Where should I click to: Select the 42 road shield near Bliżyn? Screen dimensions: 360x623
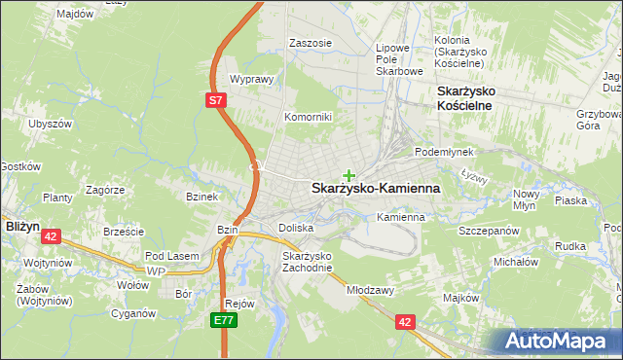[52, 235]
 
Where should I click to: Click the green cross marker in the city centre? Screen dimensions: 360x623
[348, 175]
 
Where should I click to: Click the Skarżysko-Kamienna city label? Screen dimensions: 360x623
[375, 189]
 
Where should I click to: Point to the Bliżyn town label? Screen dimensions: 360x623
[21, 225]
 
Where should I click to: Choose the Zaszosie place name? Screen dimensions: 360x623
[311, 44]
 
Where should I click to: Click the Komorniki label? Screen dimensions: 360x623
[308, 117]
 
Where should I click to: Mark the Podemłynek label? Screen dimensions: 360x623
[443, 153]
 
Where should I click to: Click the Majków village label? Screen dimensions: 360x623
[461, 298]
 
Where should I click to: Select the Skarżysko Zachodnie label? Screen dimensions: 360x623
[308, 262]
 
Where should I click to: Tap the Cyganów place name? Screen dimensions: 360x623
[133, 313]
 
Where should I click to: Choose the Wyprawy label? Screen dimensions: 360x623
[249, 80]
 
